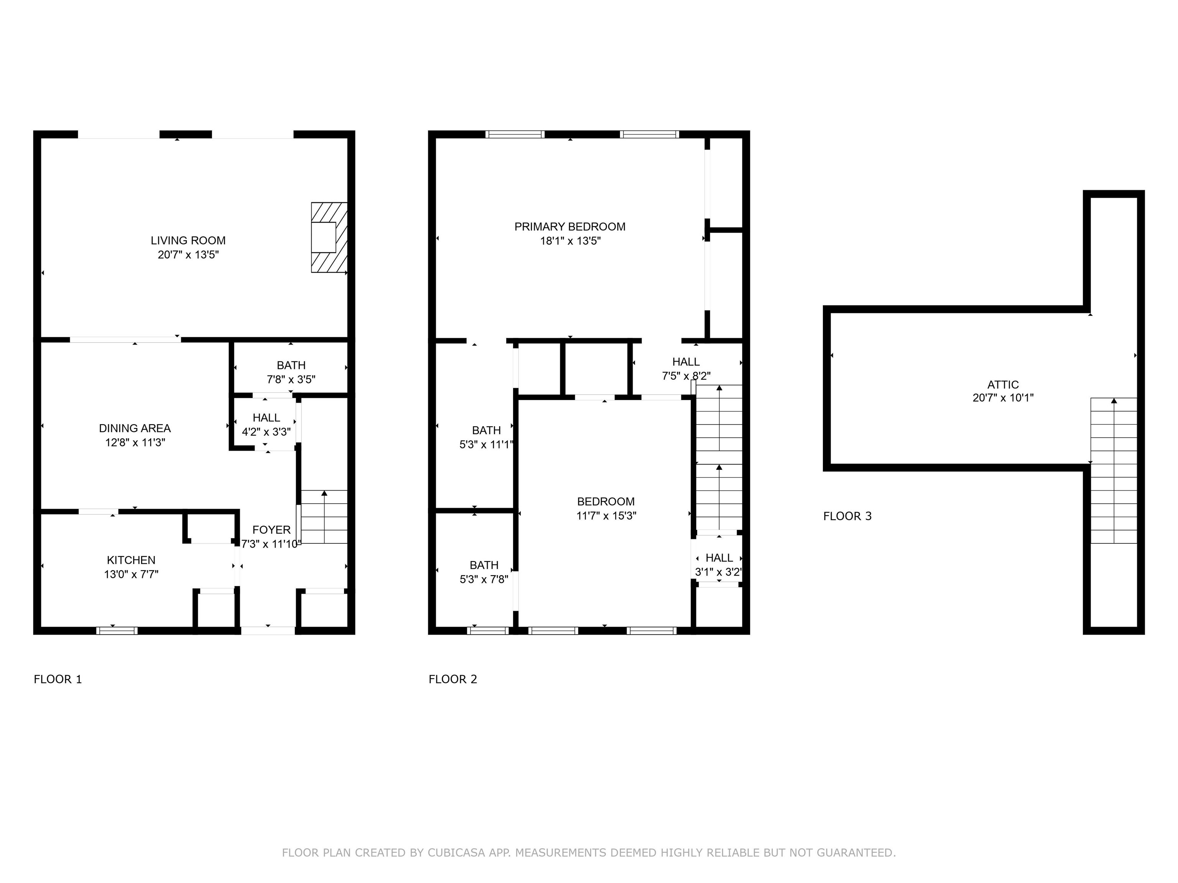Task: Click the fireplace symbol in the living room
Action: [x=329, y=237]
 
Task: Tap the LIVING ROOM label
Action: [x=188, y=241]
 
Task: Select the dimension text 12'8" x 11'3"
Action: [x=135, y=442]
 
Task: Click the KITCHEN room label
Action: [x=131, y=560]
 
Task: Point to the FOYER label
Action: [x=271, y=530]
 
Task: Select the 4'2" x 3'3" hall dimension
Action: [x=266, y=432]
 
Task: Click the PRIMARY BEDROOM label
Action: [x=570, y=227]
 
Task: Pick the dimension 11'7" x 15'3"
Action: [x=606, y=515]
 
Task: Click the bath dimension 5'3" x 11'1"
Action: [x=486, y=445]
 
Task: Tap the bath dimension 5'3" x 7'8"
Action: [x=484, y=579]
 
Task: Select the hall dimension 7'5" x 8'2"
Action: [x=686, y=376]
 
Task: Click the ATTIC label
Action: [x=1003, y=384]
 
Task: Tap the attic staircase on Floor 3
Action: [x=1114, y=471]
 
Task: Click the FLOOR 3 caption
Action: [x=847, y=516]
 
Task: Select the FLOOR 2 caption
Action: [x=452, y=679]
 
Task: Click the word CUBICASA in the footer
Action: [x=456, y=853]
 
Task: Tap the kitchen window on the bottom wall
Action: [x=117, y=631]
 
